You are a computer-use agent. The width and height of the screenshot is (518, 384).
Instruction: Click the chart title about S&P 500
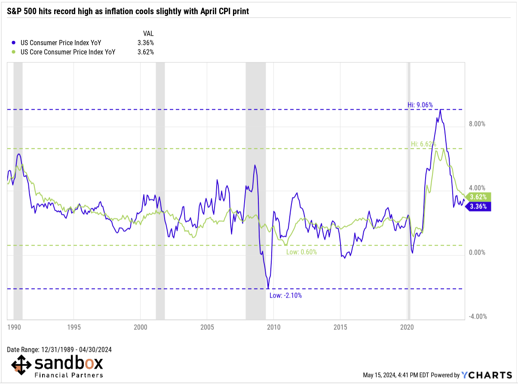[x=128, y=12]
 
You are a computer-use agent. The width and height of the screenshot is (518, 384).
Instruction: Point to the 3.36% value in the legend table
[x=145, y=43]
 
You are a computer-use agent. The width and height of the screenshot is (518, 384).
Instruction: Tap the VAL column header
[x=148, y=33]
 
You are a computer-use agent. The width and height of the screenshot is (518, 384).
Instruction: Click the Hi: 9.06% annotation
[x=420, y=104]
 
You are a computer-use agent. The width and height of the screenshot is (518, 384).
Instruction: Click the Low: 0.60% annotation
[x=301, y=252]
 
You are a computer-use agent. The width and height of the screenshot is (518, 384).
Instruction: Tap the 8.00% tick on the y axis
[x=477, y=124]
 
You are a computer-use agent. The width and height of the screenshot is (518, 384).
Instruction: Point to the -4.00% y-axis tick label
[x=476, y=316]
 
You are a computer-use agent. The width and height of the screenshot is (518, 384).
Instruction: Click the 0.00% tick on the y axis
[x=477, y=252]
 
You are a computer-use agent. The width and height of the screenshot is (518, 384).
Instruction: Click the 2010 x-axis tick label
[x=273, y=327]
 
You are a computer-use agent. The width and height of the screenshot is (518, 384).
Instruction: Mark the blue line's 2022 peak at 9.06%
[x=441, y=110]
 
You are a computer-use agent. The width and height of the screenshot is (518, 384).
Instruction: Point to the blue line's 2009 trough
[x=268, y=289]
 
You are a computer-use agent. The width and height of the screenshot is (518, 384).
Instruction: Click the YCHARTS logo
[x=487, y=375]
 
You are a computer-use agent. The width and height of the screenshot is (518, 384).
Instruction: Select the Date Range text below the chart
[x=59, y=350]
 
